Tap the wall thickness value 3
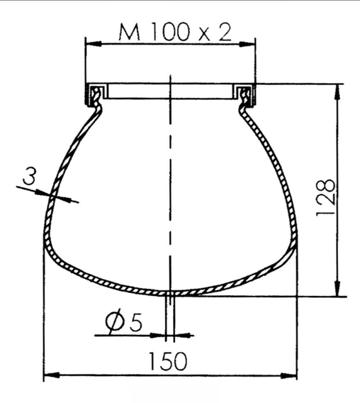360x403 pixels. [x=29, y=176]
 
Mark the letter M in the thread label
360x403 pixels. [x=128, y=31]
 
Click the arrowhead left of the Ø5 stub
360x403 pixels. [x=162, y=332]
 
